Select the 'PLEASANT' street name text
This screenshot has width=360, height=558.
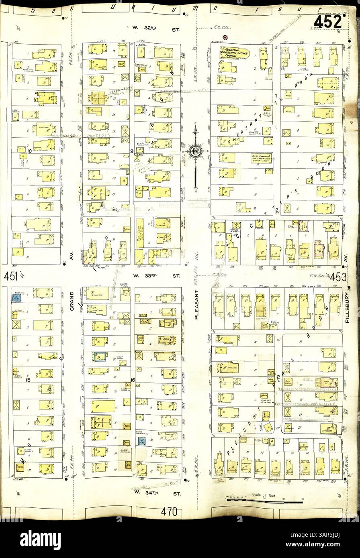(x=196, y=305)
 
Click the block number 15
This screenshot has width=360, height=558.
(x=28, y=379)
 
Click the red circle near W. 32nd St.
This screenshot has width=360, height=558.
(x=225, y=37)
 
